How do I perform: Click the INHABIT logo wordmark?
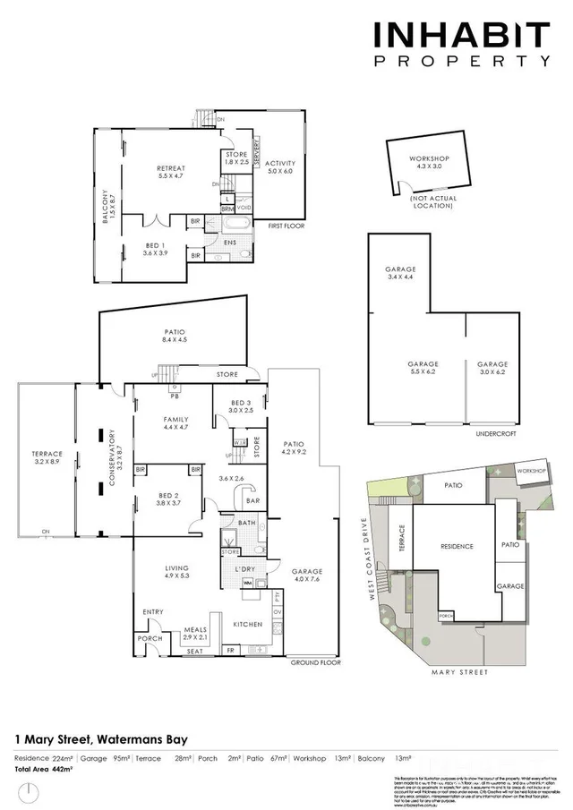click(460, 36)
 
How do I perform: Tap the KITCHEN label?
click(246, 624)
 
